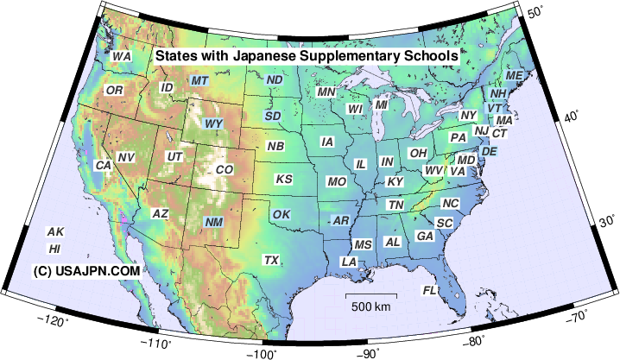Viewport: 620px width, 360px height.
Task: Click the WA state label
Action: [122, 56]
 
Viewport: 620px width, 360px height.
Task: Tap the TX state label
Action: [271, 260]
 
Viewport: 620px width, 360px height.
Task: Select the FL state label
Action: [429, 290]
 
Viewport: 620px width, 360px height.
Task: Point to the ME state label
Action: [514, 76]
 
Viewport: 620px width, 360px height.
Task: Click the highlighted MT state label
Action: [199, 80]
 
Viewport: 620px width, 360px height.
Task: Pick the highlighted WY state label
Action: [213, 123]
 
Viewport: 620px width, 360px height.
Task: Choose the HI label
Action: [54, 249]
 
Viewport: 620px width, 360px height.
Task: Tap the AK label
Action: [55, 231]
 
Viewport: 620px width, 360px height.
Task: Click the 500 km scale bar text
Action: [371, 306]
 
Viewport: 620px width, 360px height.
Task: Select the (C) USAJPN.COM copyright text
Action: [86, 270]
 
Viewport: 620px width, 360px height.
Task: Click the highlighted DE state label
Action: [489, 151]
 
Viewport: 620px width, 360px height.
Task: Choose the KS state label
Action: [283, 180]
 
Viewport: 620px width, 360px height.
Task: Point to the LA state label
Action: [349, 261]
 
